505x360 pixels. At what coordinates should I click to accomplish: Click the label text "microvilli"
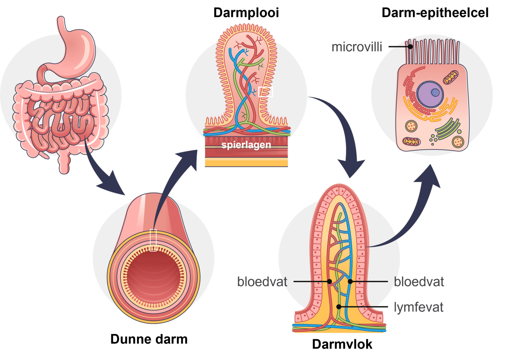pyautogui.click(x=357, y=47)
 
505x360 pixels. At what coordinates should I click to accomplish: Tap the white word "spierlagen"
pyautogui.click(x=246, y=145)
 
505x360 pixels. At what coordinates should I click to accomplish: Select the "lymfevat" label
pyautogui.click(x=419, y=307)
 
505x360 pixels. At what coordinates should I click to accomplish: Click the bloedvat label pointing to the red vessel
pyautogui.click(x=262, y=281)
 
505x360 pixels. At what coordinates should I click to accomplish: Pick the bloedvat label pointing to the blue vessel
pyautogui.click(x=419, y=281)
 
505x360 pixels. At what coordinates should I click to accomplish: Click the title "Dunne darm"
pyautogui.click(x=149, y=339)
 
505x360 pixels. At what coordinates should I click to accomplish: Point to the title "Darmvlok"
pyautogui.click(x=342, y=344)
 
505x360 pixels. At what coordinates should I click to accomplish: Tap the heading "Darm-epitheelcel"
pyautogui.click(x=435, y=13)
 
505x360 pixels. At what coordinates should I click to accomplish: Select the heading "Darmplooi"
pyautogui.click(x=247, y=13)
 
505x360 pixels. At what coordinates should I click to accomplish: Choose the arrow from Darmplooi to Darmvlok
pyautogui.click(x=343, y=138)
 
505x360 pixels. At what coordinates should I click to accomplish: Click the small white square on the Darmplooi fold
pyautogui.click(x=265, y=92)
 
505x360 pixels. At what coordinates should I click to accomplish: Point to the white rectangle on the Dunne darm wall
pyautogui.click(x=153, y=240)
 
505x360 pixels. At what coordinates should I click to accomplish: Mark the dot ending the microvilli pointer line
pyautogui.click(x=410, y=47)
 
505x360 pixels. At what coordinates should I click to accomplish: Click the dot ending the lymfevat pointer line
pyautogui.click(x=339, y=307)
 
